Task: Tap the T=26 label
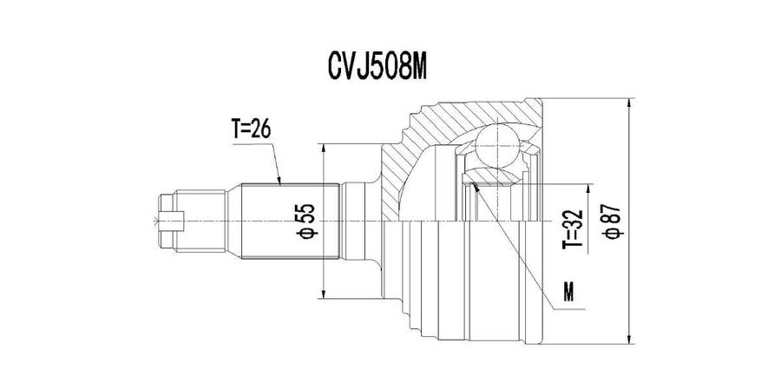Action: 252,129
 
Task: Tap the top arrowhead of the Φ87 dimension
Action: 628,102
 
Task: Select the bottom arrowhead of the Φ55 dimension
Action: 324,295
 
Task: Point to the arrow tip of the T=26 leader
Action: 281,184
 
